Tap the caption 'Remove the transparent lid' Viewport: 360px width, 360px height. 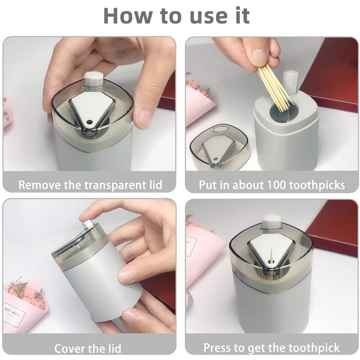(90, 184)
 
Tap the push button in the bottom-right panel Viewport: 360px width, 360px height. (271, 223)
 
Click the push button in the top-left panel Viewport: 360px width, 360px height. (92, 79)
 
